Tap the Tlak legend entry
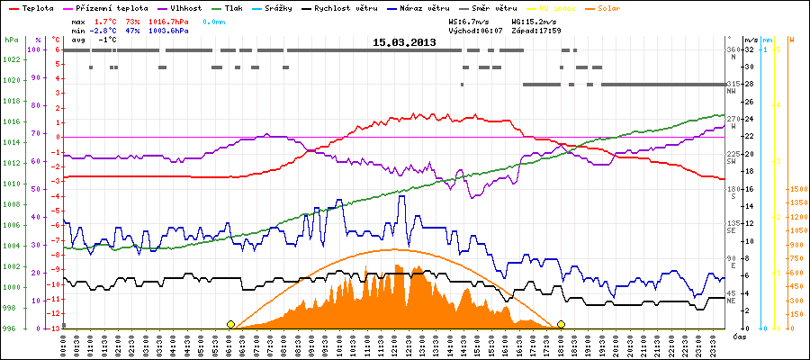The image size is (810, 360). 239,6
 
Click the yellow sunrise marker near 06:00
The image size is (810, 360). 231,324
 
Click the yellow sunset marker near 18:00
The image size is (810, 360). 562,324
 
